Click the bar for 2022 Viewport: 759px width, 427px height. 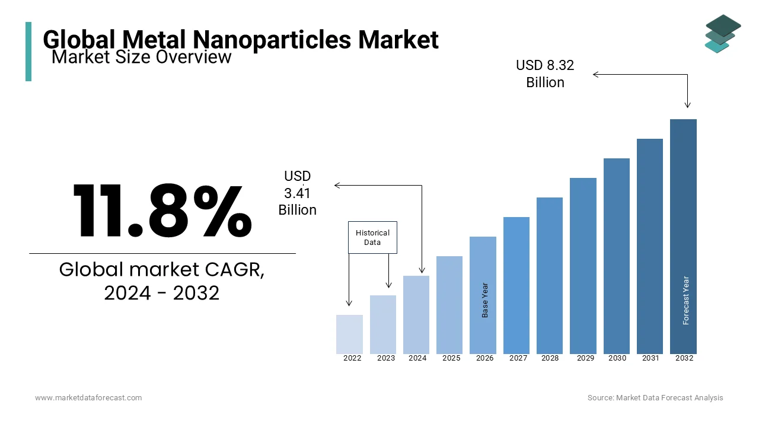pos(349,334)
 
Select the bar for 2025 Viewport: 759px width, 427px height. pos(449,305)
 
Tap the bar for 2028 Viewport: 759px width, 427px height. pos(550,276)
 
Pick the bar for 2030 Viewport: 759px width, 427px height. pos(617,256)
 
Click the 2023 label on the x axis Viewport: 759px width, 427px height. pos(386,358)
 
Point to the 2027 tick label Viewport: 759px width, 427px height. pos(518,358)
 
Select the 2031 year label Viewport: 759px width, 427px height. pos(650,358)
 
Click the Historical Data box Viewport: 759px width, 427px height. pos(372,238)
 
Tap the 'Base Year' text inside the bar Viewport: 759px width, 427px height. pos(485,300)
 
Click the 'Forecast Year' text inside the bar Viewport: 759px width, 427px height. pos(686,300)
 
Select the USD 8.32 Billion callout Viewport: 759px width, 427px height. pos(545,74)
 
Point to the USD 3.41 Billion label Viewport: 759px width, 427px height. pos(297,193)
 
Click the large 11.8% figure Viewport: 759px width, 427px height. pos(162,211)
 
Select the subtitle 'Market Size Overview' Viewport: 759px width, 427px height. pos(141,57)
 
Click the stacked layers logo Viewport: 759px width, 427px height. pos(723,33)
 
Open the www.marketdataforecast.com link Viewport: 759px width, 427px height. pos(88,398)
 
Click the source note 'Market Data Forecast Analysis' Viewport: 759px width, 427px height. pos(669,398)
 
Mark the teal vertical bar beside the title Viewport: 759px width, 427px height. pos(28,52)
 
